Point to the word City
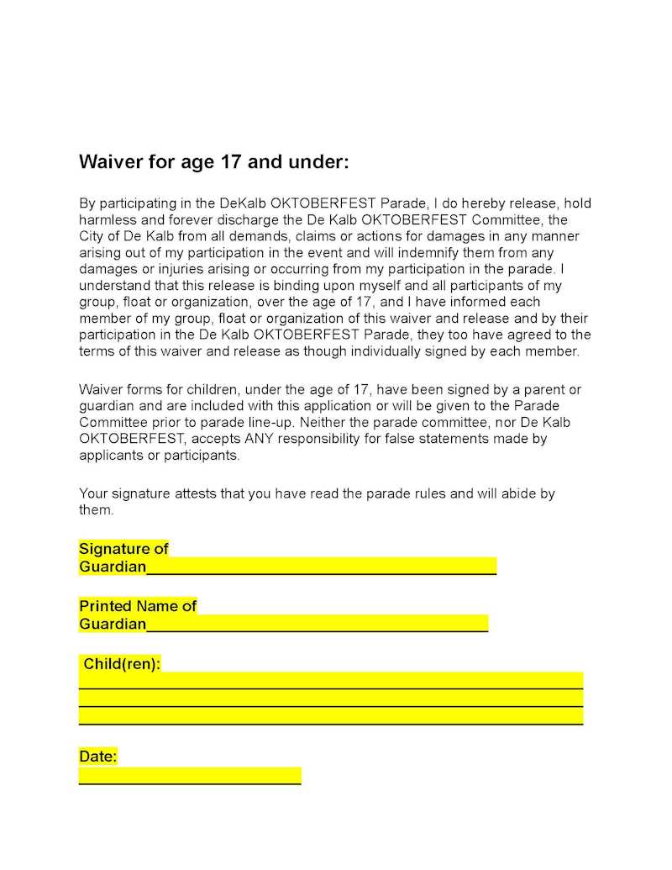click(92, 235)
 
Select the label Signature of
click(123, 549)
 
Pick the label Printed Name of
click(138, 606)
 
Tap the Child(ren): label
click(121, 664)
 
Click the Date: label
click(98, 757)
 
